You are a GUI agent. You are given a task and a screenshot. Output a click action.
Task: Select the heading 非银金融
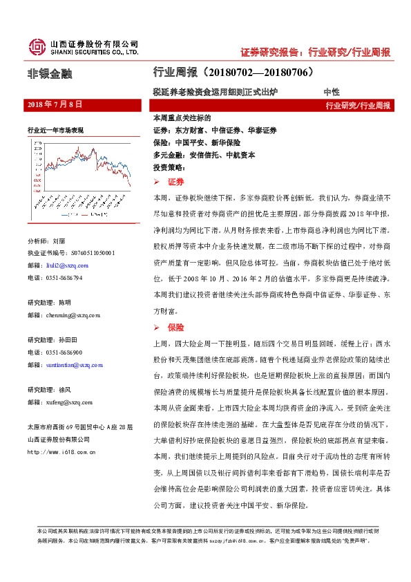pos(49,73)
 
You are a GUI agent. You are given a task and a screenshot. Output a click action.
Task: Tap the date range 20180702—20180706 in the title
pos(262,72)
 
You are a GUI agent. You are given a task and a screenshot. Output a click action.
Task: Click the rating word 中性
pos(332,91)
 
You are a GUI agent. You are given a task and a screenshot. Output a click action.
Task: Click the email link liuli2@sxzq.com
pos(62,265)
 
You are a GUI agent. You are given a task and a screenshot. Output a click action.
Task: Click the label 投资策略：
pos(169,167)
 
